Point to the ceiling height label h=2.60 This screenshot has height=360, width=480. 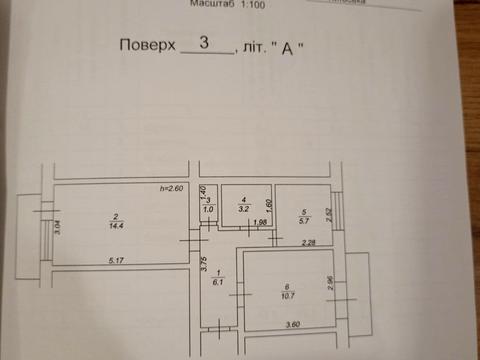(173, 189)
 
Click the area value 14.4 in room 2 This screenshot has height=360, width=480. (116, 226)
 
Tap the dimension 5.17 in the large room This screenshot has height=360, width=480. (118, 260)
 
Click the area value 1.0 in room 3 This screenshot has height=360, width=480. (208, 210)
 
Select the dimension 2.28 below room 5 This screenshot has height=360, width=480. (310, 241)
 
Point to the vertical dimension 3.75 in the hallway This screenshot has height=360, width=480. (203, 265)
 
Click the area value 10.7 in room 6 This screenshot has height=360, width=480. (286, 296)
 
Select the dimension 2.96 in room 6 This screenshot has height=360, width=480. (331, 284)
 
